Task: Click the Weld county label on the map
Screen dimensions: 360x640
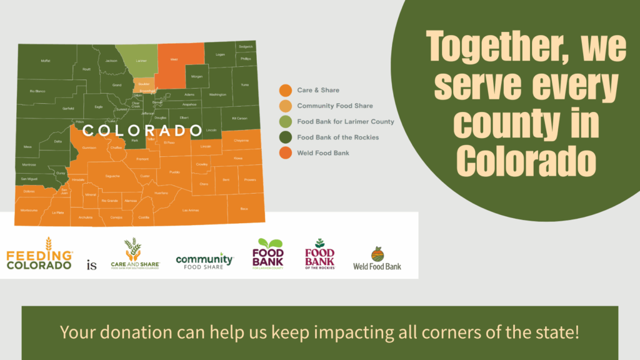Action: click(174, 60)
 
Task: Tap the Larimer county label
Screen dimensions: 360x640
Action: click(141, 61)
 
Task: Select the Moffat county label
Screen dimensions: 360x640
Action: click(46, 61)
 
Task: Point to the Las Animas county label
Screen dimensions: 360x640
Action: click(190, 210)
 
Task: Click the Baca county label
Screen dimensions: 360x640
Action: click(244, 208)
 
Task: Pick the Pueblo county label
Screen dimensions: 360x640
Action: click(174, 171)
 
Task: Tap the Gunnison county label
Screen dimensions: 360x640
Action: click(89, 148)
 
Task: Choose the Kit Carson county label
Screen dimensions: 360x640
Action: click(239, 118)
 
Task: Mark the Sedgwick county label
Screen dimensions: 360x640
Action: click(246, 46)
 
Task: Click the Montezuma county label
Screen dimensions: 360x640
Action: click(29, 210)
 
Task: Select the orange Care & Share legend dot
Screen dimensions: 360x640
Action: click(285, 91)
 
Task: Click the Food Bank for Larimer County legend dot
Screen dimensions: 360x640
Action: click(285, 122)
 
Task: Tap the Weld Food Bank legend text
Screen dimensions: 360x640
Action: click(323, 153)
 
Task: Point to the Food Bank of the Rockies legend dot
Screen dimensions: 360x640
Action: click(285, 137)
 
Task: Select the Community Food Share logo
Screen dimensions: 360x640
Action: click(204, 260)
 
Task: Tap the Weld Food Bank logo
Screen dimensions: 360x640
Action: click(377, 259)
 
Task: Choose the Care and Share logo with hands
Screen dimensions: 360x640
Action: click(134, 254)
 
